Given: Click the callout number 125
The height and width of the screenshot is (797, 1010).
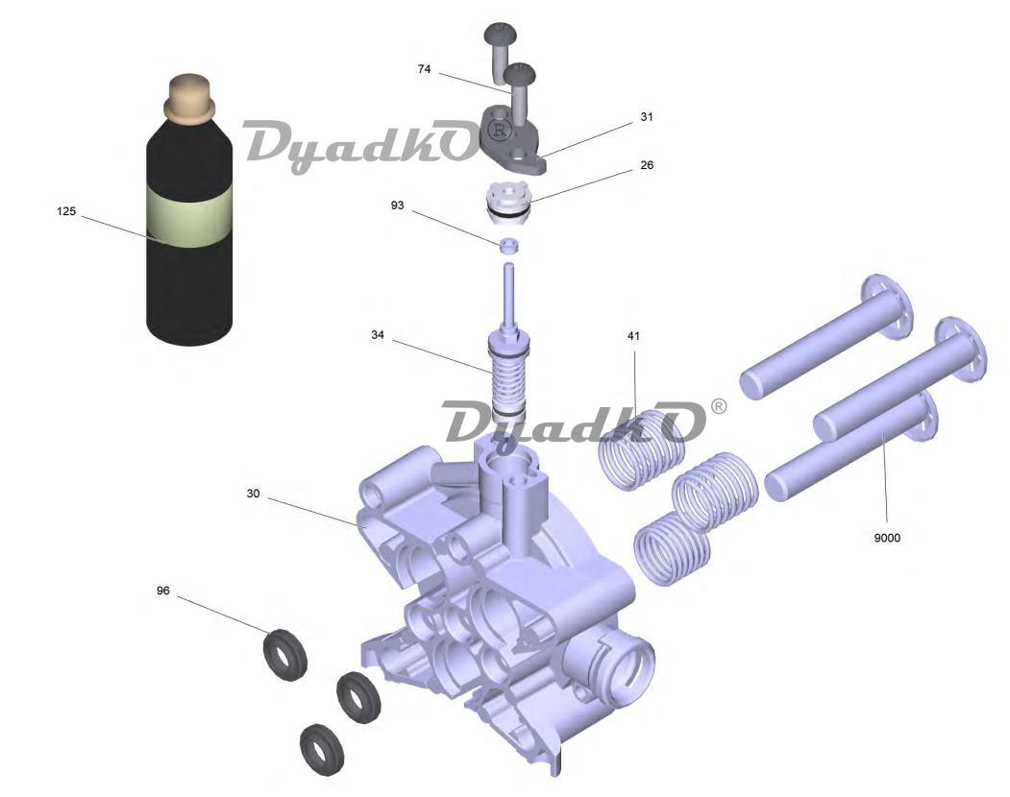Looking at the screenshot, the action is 66,211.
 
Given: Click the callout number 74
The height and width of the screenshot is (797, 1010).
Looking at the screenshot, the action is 424,69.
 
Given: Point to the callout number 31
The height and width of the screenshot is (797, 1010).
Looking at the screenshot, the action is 647,116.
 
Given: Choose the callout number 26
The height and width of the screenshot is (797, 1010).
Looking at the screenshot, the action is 647,165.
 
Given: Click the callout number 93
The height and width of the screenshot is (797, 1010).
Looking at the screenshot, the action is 398,205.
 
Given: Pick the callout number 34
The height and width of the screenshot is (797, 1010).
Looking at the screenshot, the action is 378,335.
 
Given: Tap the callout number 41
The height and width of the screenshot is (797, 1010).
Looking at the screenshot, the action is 634,335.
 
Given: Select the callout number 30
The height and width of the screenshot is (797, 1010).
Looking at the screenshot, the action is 253,494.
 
